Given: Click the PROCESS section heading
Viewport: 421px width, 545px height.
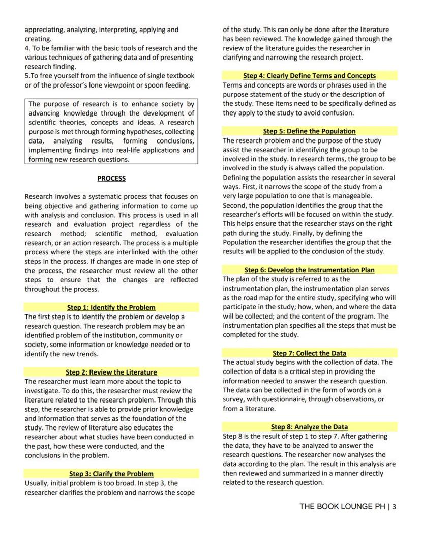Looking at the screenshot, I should click(111, 179).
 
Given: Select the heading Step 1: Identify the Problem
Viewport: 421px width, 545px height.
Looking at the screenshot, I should click(111, 308).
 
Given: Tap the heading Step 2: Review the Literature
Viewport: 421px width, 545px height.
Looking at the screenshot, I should click(111, 372).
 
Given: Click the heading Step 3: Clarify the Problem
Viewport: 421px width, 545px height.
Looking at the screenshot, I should click(111, 474).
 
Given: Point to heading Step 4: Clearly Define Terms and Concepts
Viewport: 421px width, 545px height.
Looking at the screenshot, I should click(310, 76).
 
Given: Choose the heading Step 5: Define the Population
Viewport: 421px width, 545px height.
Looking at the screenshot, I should click(310, 131).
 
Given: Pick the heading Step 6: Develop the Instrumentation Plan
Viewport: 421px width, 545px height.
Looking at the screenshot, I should click(310, 270).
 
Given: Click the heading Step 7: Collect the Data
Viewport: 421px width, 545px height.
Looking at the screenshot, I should click(310, 353).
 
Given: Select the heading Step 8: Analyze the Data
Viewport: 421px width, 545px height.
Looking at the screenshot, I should click(310, 427).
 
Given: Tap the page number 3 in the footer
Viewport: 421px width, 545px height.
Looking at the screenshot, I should click(394, 507).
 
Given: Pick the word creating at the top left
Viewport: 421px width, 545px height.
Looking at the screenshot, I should click(38, 39).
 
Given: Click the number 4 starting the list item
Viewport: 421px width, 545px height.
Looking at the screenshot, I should click(27, 48).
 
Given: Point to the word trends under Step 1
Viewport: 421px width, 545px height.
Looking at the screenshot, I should click(86, 354).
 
